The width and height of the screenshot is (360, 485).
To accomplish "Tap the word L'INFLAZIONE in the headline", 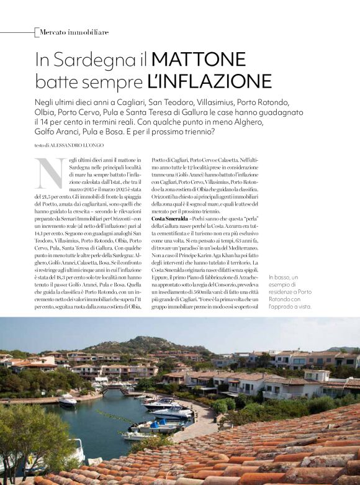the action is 209,81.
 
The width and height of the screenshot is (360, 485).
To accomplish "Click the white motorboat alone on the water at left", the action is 67,401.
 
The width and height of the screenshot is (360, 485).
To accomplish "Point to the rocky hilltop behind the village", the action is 143,343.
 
